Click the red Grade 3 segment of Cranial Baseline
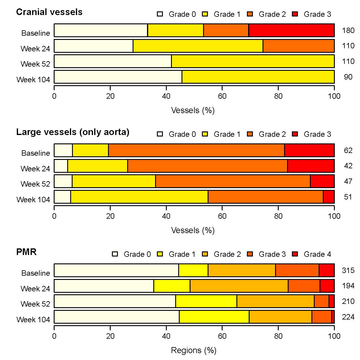292,30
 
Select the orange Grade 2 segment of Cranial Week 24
298,46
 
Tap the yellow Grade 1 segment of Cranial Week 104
258,77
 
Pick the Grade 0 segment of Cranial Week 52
113,61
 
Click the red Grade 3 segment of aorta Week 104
329,197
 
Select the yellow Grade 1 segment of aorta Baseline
90,150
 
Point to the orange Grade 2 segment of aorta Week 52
233,181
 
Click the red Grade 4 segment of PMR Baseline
327,270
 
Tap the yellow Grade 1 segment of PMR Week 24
172,286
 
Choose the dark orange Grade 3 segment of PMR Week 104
322,317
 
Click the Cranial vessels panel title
49,12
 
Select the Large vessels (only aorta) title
73,132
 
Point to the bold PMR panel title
26,252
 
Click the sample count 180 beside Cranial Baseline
348,30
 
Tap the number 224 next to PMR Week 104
348,317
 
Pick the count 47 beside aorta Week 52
348,181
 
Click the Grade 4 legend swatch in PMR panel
295,254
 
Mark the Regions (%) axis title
193,350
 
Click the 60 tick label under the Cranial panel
222,96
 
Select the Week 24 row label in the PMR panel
35,289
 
